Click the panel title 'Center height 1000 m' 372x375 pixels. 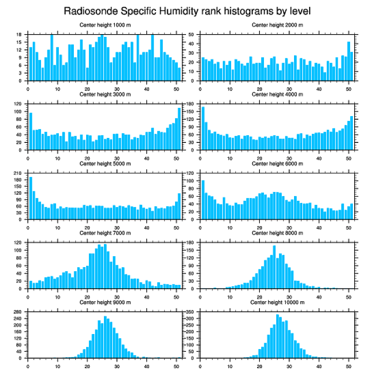[x=105, y=25]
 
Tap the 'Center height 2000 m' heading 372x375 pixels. [x=277, y=25]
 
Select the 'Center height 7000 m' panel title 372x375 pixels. [x=105, y=233]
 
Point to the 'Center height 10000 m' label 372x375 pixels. [x=277, y=302]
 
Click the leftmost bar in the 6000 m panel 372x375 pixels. [x=203, y=200]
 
